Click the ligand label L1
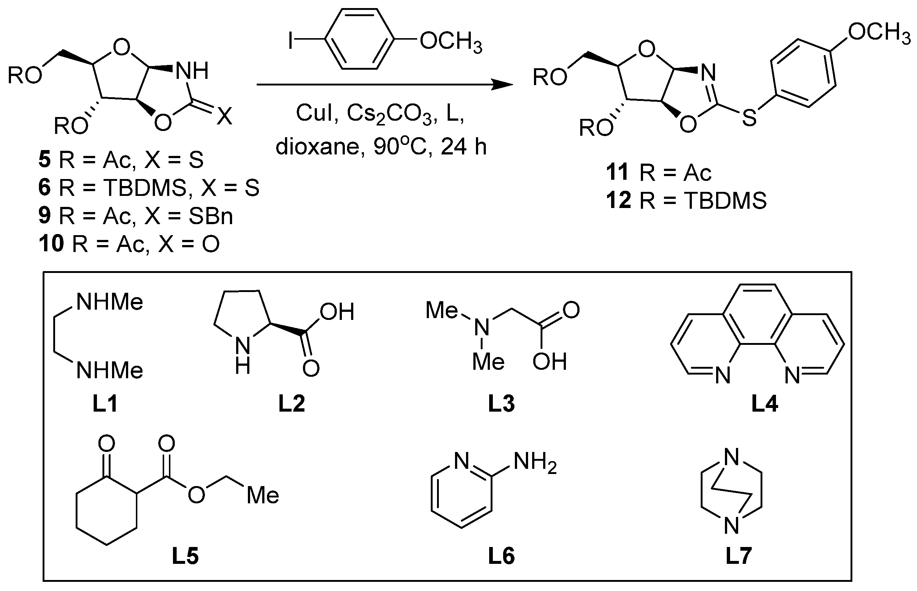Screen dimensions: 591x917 [105, 404]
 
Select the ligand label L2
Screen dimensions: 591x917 [292, 404]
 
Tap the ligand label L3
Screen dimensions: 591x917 [501, 404]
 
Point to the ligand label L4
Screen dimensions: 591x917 [765, 404]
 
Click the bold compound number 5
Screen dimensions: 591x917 [44, 159]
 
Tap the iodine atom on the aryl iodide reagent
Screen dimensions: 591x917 [291, 41]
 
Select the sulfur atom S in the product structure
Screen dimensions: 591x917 [749, 117]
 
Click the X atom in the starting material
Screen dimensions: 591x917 [224, 116]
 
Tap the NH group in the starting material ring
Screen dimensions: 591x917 [192, 71]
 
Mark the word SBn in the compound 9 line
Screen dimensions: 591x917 [210, 216]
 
